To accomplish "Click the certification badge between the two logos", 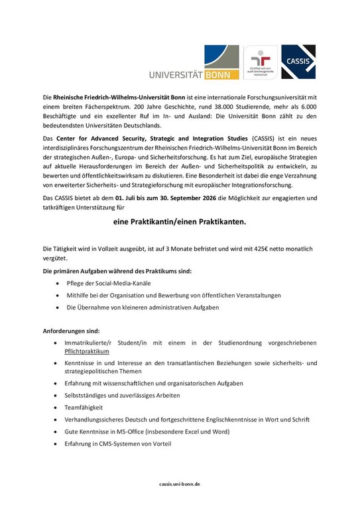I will (x=261, y=63).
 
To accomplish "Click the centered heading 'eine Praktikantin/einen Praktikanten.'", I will (x=179, y=223).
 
